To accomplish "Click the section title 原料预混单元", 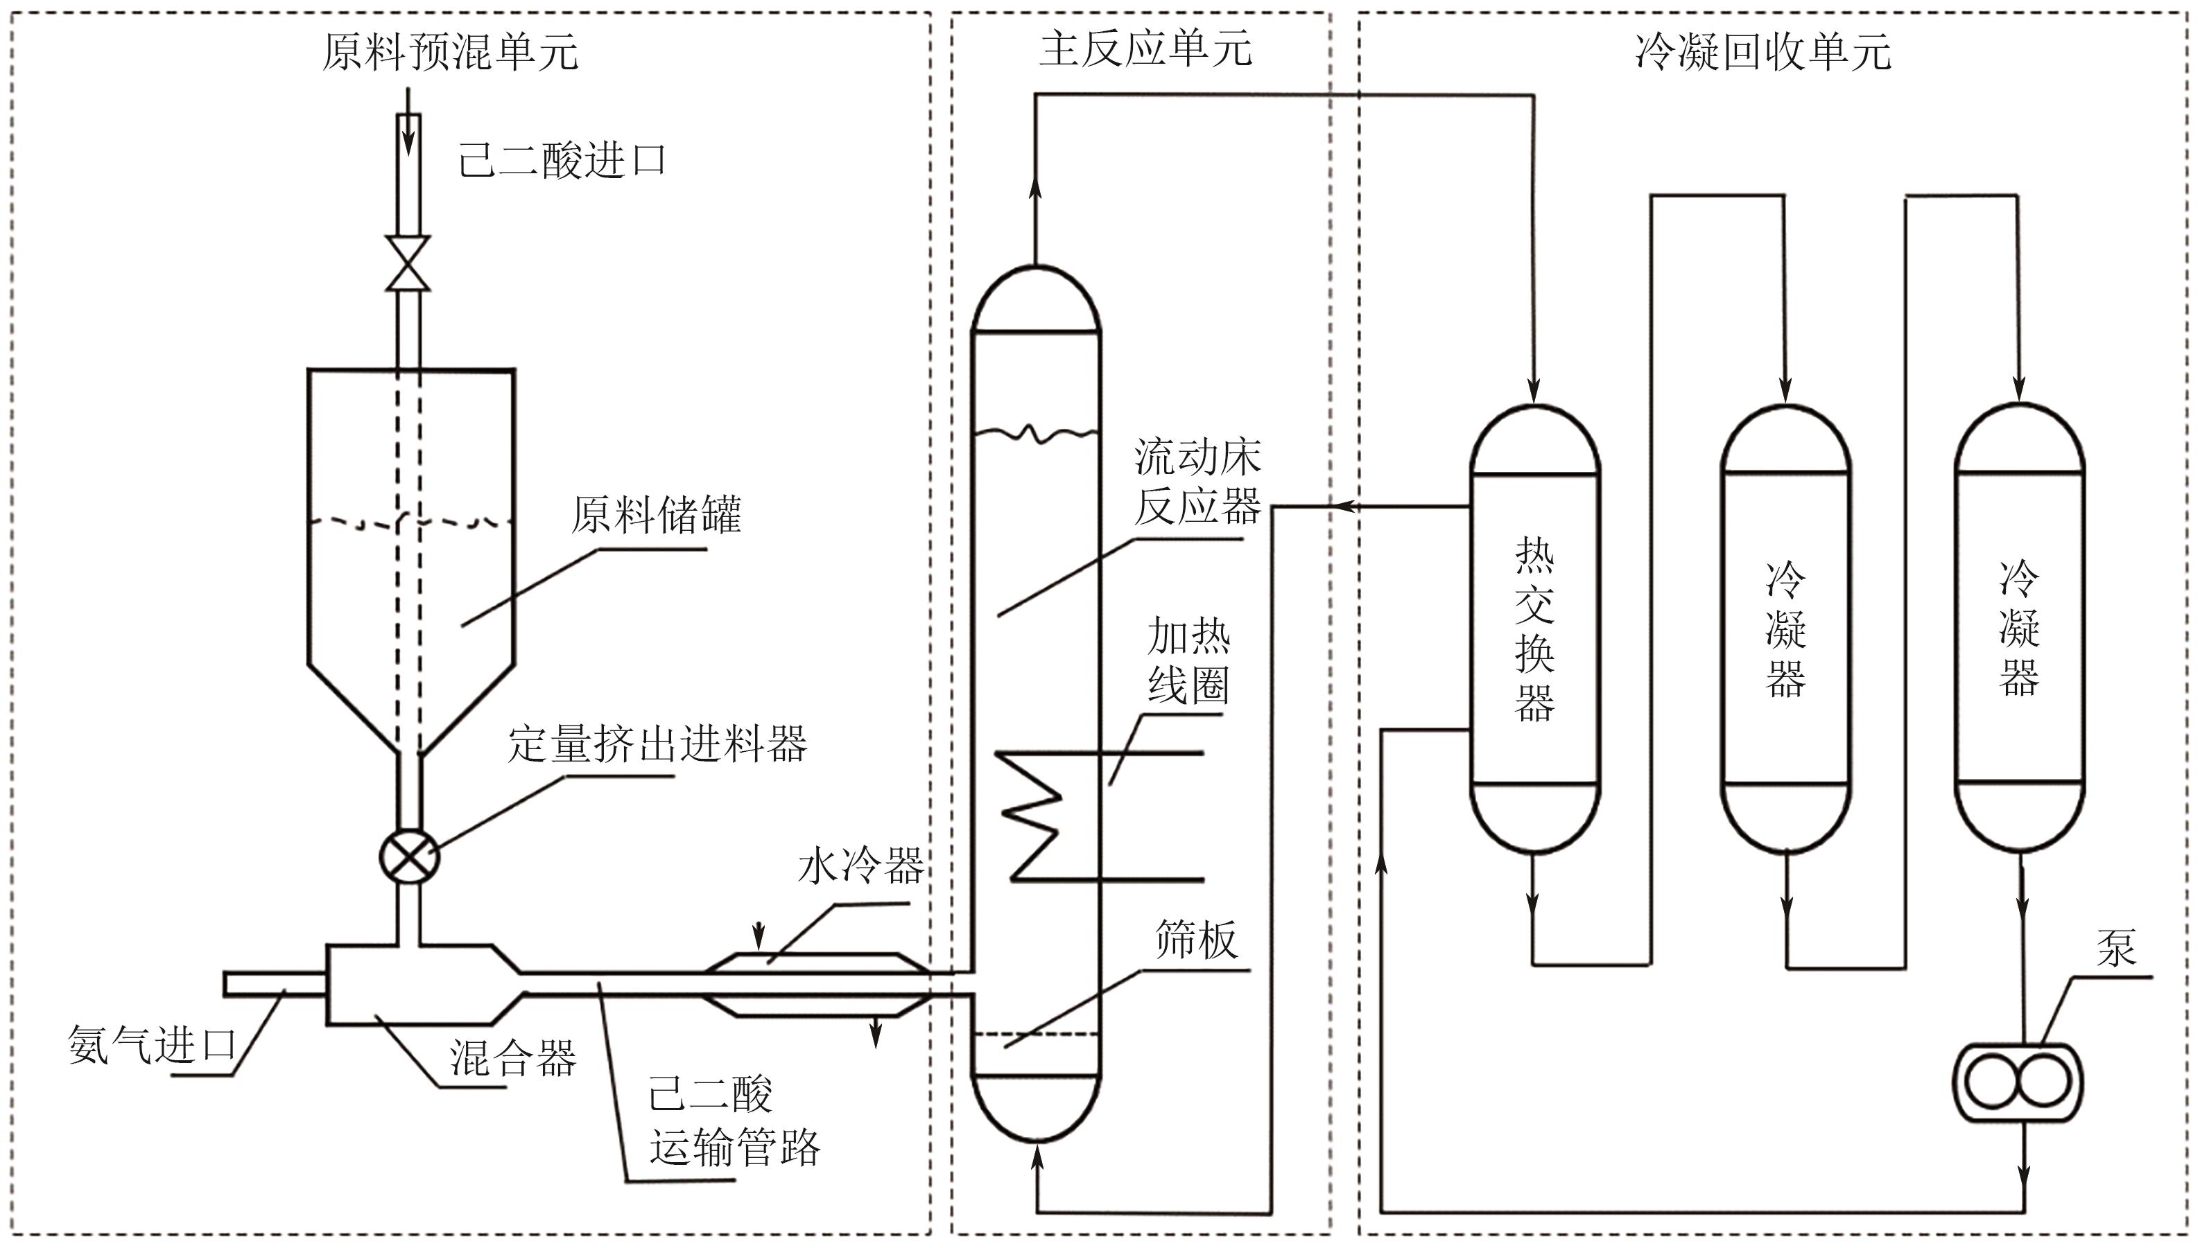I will click(450, 52).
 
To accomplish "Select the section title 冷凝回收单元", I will click(1762, 52).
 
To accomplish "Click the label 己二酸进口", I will click(562, 160).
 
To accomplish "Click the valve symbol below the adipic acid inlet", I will click(408, 264).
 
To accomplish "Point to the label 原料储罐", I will click(656, 514).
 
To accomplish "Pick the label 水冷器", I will click(861, 865).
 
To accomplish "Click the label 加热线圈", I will click(1188, 661).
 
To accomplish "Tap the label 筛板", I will click(1196, 940).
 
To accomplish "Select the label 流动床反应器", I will click(1197, 482).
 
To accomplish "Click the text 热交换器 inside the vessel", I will click(1534, 630).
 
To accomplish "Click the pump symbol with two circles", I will click(2018, 1082).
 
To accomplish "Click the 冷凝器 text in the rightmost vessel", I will click(2018, 629).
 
